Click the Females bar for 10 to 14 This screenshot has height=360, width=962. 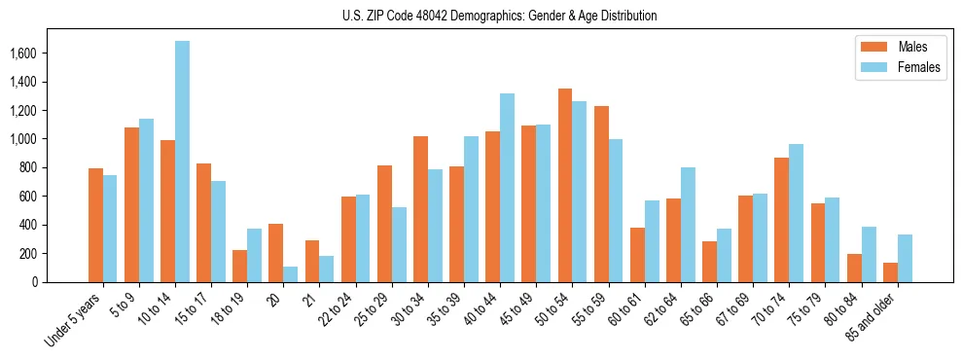[x=183, y=162]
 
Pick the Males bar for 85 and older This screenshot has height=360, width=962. [x=890, y=272]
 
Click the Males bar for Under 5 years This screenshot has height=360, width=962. [x=95, y=226]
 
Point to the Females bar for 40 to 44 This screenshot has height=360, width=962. [x=507, y=188]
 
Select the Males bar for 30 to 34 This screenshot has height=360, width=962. [x=420, y=209]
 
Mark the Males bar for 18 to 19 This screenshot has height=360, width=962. [x=240, y=266]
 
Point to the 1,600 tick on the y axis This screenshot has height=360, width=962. [x=37, y=54]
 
